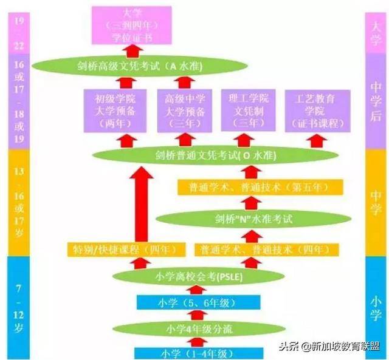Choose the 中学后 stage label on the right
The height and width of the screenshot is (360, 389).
click(x=376, y=100)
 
